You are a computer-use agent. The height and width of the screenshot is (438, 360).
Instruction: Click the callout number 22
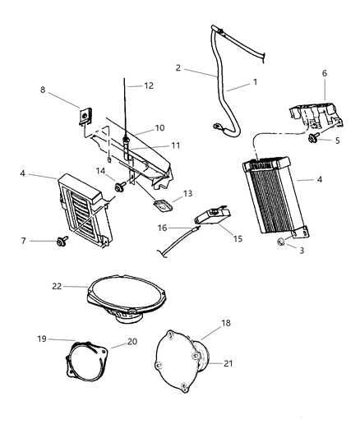57,286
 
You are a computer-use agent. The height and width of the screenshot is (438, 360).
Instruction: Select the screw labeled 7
62,242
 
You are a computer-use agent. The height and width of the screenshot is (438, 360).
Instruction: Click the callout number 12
149,85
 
